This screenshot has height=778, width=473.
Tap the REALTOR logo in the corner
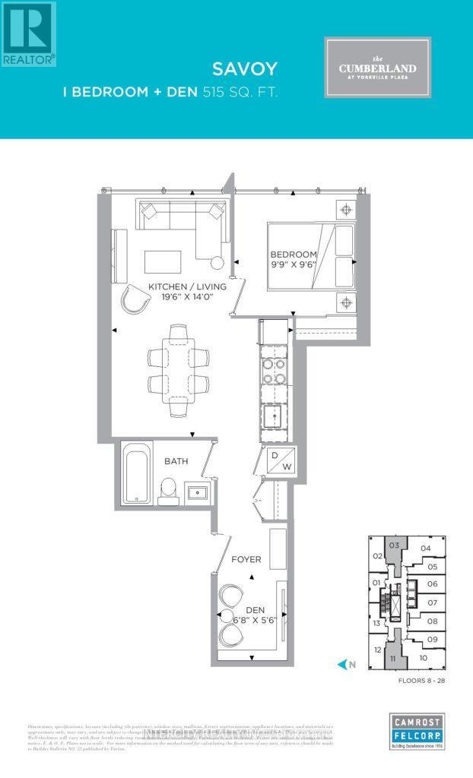(28, 33)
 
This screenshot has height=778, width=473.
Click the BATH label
(176, 460)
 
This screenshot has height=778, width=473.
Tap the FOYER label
(246, 559)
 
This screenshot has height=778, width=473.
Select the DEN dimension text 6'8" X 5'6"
(246, 620)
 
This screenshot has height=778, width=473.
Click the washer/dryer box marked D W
(275, 460)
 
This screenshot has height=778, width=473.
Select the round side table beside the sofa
(217, 264)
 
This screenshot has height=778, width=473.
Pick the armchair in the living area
(137, 300)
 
